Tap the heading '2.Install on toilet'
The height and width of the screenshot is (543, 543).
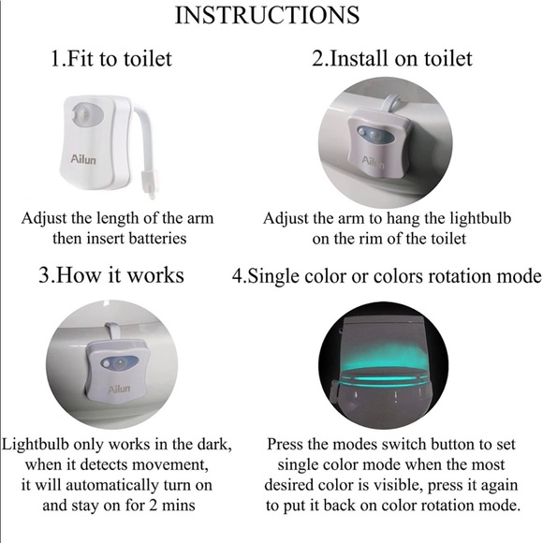pos(392,58)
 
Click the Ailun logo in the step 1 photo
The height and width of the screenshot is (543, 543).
pos(83,160)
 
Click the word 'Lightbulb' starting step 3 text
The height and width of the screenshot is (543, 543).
pos(40,444)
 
